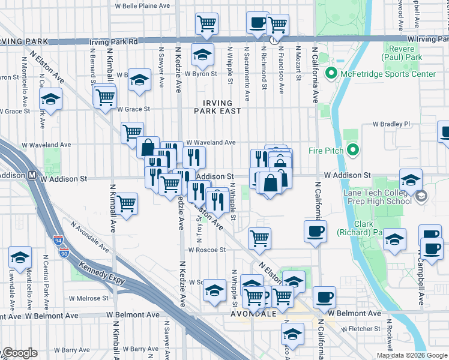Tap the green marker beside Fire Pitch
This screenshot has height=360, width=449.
pos(352,149)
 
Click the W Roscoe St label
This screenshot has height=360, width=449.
pos(205,250)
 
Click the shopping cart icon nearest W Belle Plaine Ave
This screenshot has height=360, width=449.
pos(206,23)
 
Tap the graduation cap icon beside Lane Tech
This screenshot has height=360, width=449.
pos(411,179)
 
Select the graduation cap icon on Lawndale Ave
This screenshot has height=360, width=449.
pos(20,256)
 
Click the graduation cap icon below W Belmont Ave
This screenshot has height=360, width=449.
pos(292,332)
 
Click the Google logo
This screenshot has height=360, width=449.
pos(20,353)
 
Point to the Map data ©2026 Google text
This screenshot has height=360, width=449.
pos(411,355)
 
